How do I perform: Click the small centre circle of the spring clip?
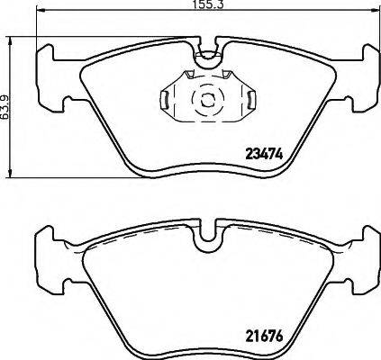coord(206,98)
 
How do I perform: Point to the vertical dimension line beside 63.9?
coord(11,106)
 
